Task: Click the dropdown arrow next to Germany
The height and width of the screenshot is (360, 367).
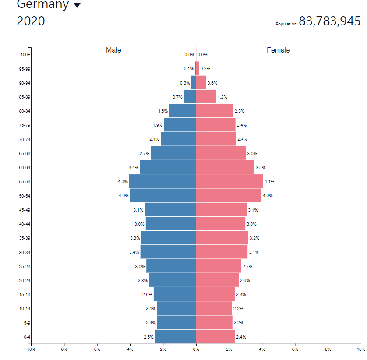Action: point(77,6)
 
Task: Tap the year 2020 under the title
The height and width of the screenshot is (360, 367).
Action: point(31,21)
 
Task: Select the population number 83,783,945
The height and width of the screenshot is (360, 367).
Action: point(329,21)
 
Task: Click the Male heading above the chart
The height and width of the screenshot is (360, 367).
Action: point(113,50)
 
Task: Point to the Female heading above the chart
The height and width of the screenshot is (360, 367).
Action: point(278,50)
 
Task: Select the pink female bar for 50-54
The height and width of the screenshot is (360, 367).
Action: point(228,195)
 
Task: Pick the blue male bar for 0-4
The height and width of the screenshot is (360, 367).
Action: point(175,337)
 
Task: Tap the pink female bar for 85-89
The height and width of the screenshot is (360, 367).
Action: point(206,97)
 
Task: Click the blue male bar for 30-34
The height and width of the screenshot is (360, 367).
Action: point(168,252)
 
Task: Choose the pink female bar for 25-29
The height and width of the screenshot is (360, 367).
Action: point(218,266)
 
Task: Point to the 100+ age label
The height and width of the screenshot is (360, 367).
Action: point(25,55)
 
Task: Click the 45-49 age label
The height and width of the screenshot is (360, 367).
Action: point(25,210)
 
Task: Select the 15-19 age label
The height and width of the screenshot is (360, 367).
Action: point(25,295)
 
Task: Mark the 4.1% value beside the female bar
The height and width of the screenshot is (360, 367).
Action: point(269,182)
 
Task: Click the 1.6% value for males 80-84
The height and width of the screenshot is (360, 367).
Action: point(163,111)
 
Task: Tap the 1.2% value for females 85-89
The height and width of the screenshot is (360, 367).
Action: point(222,97)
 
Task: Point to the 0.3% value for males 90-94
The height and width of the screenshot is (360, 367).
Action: point(185,83)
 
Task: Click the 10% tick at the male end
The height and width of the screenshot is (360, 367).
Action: point(31,349)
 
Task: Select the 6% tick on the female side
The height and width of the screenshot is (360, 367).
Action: point(295,349)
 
